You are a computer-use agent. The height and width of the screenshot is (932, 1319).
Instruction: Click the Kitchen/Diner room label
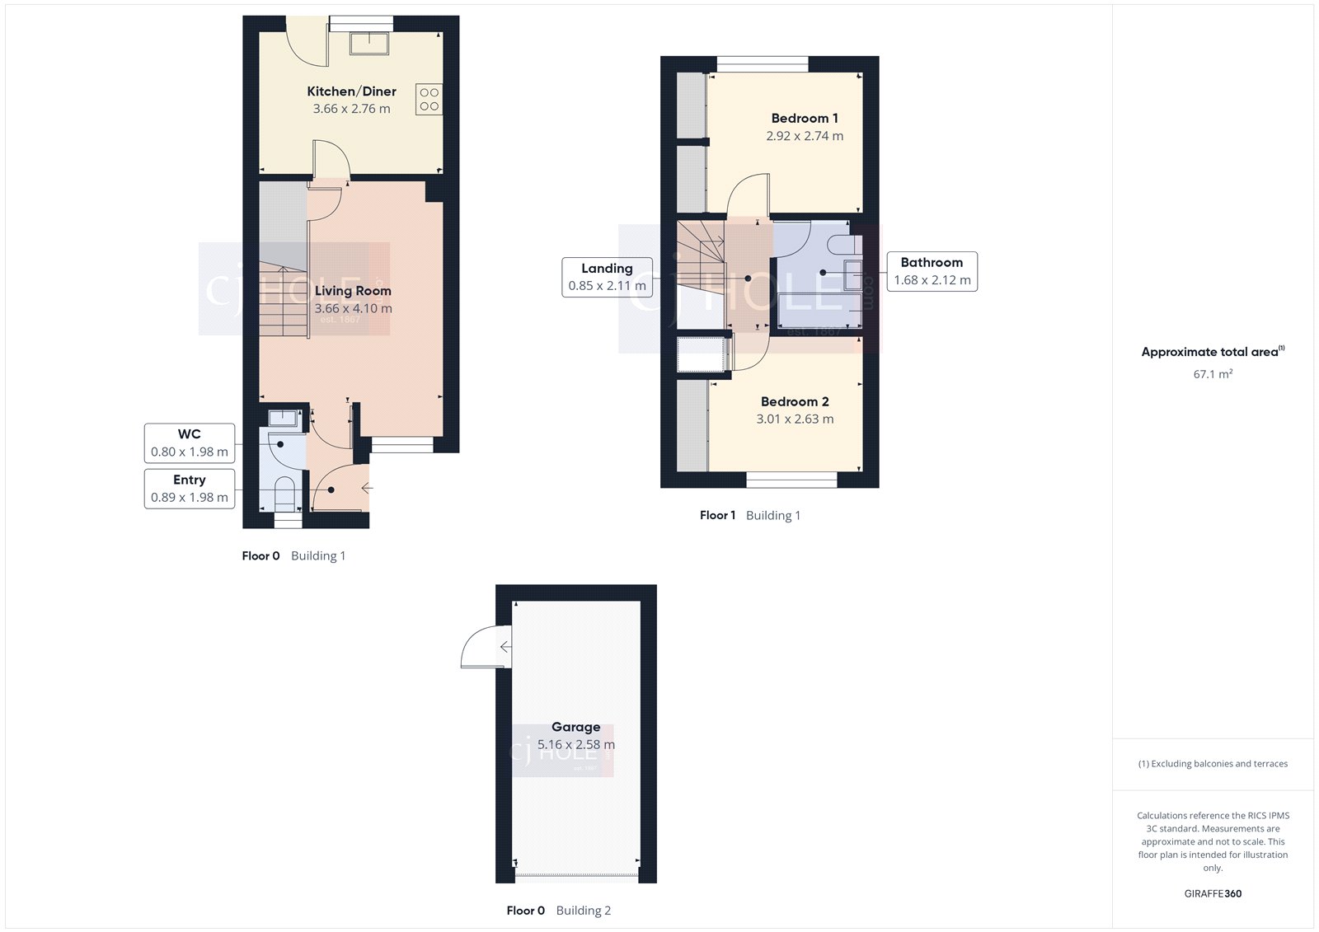coord(351,91)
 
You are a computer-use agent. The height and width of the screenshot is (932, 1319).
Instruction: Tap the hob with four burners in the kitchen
coord(429,99)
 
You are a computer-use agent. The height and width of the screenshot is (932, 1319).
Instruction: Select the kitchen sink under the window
coord(368,43)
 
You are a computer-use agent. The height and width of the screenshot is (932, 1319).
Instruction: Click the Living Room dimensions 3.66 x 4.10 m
coord(353,308)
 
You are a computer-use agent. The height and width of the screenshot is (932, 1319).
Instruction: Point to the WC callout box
coord(190,443)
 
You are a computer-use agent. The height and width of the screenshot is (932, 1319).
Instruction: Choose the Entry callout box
coord(190,489)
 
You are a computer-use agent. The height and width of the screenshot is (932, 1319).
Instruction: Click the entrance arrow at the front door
coord(367,489)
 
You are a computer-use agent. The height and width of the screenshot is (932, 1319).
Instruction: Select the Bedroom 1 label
coord(805,119)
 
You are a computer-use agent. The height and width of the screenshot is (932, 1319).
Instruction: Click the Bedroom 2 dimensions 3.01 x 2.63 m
coord(795,419)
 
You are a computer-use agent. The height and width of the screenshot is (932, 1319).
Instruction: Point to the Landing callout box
coord(607,277)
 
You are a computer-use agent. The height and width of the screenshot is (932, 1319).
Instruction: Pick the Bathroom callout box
coord(932,271)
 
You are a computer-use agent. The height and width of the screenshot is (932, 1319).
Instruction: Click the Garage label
coord(575,727)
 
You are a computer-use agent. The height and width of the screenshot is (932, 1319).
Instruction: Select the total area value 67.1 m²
coord(1213,374)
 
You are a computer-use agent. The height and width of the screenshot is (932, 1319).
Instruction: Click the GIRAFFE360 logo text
coord(1213,893)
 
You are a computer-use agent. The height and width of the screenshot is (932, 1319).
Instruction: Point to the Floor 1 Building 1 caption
coord(749,515)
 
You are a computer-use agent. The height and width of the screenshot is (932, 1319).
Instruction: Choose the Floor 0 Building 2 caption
coord(558,911)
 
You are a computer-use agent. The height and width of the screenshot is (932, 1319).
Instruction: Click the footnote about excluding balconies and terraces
coord(1213,764)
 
